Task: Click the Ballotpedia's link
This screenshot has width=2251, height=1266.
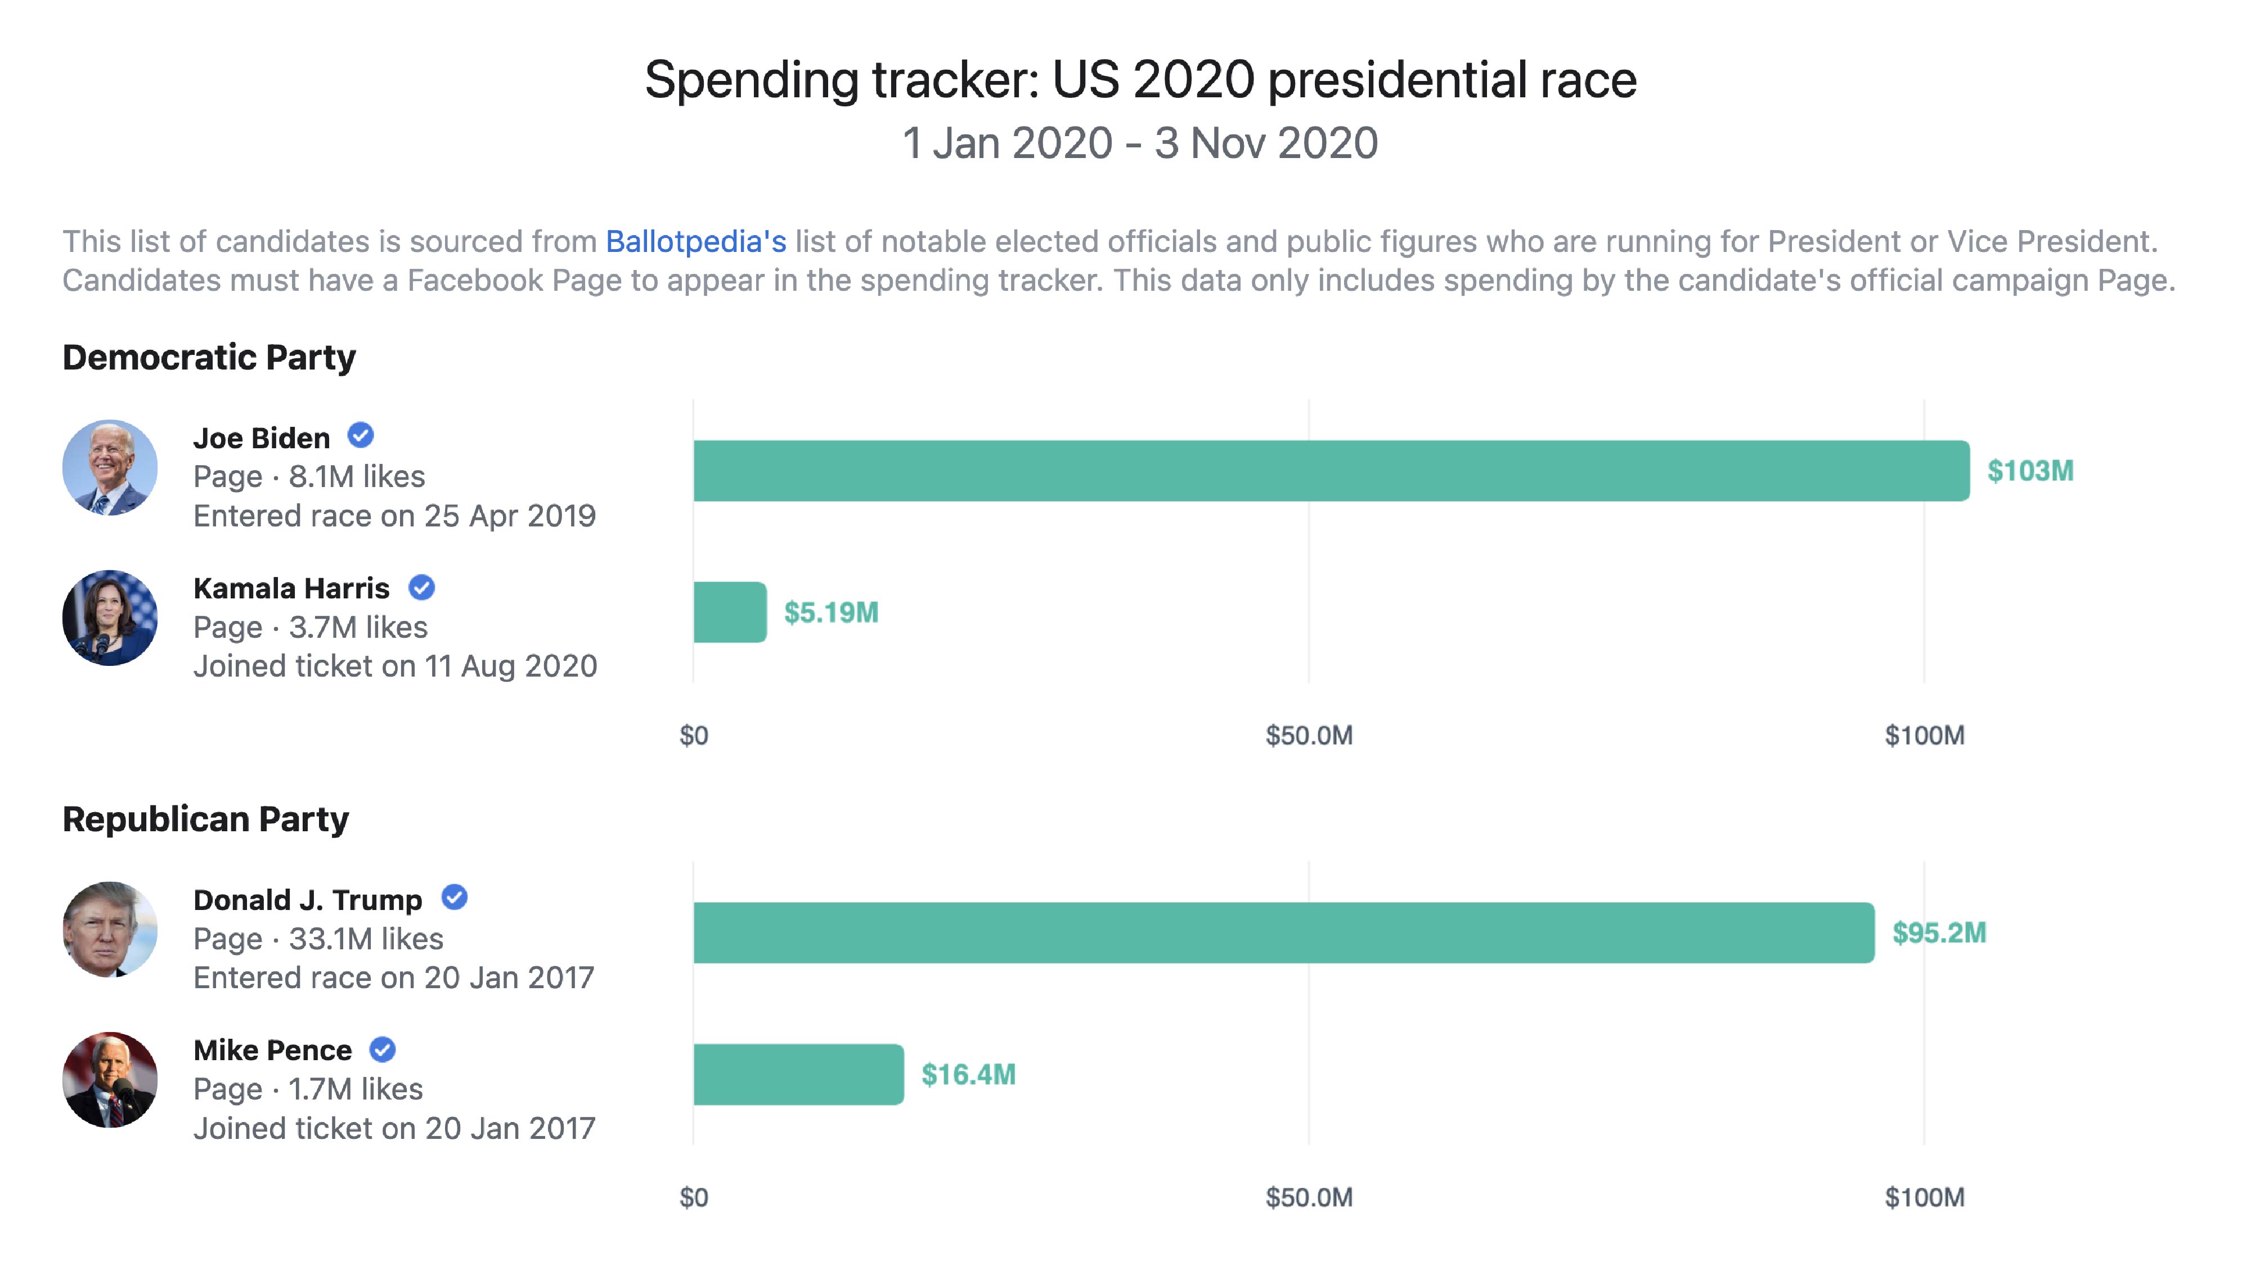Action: [695, 241]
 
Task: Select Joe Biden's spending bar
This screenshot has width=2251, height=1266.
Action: [1331, 471]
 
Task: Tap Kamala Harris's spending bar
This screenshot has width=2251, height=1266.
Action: [730, 612]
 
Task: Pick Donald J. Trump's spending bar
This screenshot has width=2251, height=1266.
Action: [1283, 933]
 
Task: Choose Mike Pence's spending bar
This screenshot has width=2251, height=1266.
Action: [798, 1075]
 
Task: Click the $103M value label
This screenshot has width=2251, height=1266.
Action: [2030, 471]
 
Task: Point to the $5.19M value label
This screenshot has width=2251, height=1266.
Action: [831, 612]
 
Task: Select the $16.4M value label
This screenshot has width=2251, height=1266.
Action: [968, 1075]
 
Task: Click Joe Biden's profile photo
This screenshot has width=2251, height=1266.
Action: [110, 467]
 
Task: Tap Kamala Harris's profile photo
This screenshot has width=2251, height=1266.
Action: [110, 618]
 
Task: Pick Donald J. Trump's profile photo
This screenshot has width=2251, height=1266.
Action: [110, 930]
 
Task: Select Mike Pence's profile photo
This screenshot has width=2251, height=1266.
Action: [110, 1080]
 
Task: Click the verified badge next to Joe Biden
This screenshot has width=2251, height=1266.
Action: [361, 435]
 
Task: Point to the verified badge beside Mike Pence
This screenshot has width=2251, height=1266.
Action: [383, 1048]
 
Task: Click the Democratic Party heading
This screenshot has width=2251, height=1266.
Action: [209, 357]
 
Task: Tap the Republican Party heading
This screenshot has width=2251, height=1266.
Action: [205, 819]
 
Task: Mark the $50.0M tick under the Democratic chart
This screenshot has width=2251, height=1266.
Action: [1308, 736]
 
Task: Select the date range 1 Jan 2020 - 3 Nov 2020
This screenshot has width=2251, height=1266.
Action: [1139, 143]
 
